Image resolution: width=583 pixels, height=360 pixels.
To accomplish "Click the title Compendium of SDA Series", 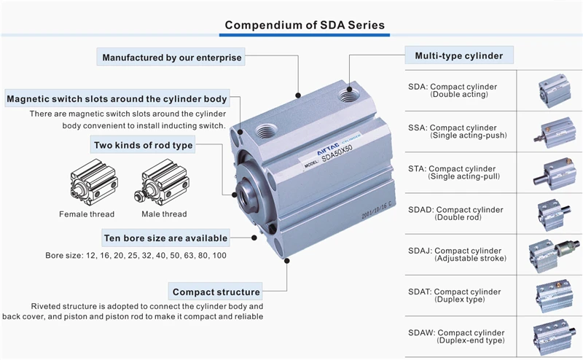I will pos(305,25).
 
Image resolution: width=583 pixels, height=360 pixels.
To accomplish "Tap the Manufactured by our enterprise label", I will pos(171,58).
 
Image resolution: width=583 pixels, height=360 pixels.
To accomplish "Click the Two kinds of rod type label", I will pos(143,145).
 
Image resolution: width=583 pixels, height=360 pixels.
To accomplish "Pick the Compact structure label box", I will pos(216,292).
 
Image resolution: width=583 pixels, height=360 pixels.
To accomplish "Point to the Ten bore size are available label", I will pos(165,238).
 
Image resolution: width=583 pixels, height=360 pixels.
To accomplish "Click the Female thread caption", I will pos(86,214).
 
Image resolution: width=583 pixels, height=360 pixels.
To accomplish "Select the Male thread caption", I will pos(164,214).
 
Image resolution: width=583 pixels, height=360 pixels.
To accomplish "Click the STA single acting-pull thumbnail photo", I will pos(552,173).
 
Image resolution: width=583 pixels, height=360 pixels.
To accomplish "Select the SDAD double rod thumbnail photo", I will pos(552,214).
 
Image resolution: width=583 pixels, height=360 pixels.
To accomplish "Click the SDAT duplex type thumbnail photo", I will pos(552,295).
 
